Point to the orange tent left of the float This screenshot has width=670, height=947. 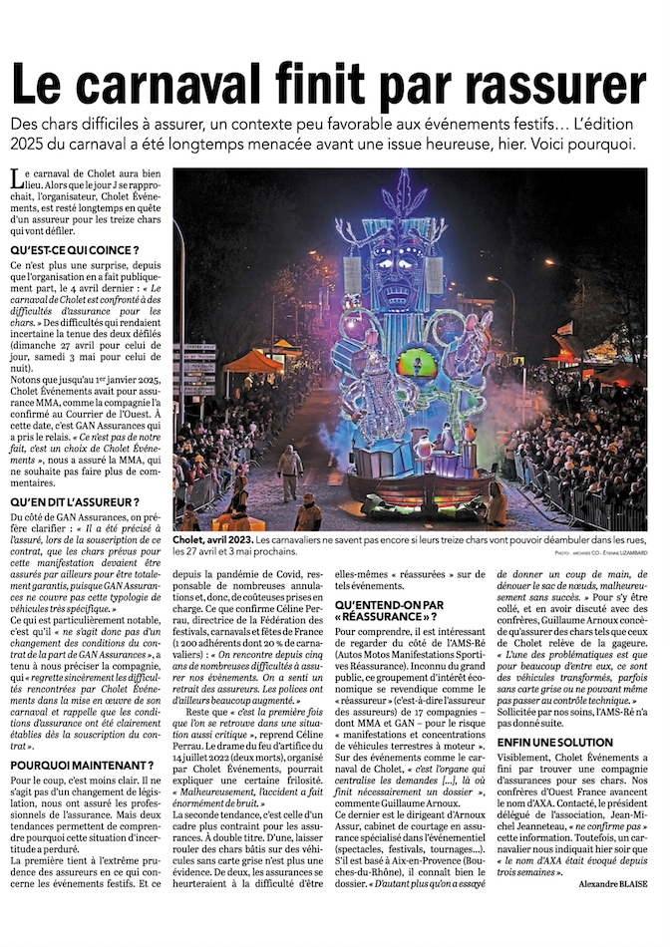[x=253, y=361]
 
